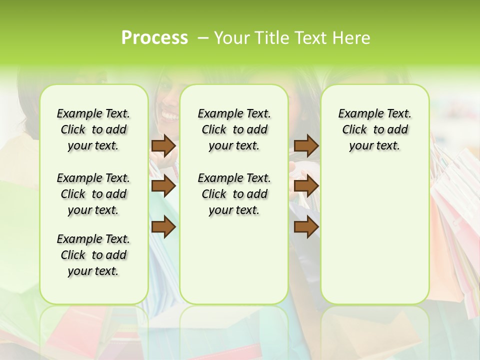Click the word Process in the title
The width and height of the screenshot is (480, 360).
point(154,38)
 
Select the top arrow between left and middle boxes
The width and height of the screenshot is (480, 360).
point(163,145)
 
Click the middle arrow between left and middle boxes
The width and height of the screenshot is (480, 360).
point(163,186)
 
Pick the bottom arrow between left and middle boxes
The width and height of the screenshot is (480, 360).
point(163,227)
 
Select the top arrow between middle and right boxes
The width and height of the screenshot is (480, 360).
point(306,145)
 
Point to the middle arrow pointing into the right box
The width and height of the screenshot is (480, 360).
point(306,186)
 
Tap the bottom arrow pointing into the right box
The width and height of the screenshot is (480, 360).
point(306,227)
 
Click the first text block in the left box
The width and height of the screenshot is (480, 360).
point(93,129)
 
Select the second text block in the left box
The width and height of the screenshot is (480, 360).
point(93,194)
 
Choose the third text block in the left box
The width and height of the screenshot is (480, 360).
point(93,255)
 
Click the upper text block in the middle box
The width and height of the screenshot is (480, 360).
point(234,129)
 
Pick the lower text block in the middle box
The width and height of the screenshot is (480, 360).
point(234,194)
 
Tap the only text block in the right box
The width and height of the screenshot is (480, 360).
point(374,129)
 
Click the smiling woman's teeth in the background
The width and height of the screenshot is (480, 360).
point(169,116)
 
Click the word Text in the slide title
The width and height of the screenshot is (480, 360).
point(310,38)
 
